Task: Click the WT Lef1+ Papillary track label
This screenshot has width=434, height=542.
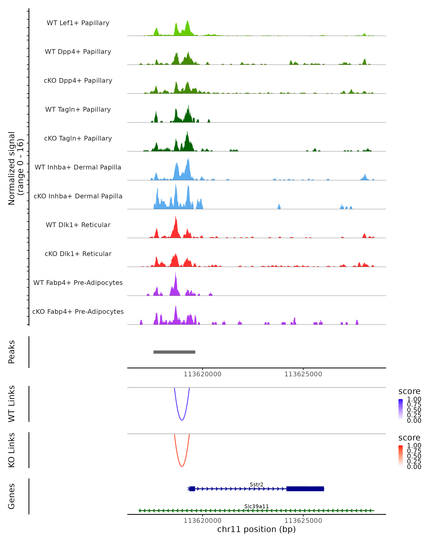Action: click(78, 23)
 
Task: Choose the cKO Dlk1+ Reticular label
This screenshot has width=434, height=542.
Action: click(78, 254)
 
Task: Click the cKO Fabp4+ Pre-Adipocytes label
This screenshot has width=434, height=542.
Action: click(78, 311)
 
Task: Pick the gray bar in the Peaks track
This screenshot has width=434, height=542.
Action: click(174, 352)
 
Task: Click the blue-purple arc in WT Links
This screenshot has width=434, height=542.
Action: click(182, 420)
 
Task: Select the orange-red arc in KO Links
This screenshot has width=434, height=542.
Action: click(182, 466)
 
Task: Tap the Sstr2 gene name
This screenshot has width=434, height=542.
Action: click(256, 484)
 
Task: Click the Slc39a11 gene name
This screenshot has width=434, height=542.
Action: click(256, 506)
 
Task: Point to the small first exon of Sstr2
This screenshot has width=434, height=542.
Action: click(192, 489)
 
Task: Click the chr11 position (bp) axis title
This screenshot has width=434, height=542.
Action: click(256, 529)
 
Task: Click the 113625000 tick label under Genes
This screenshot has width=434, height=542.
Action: click(303, 521)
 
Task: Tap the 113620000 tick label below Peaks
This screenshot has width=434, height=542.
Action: click(203, 374)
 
